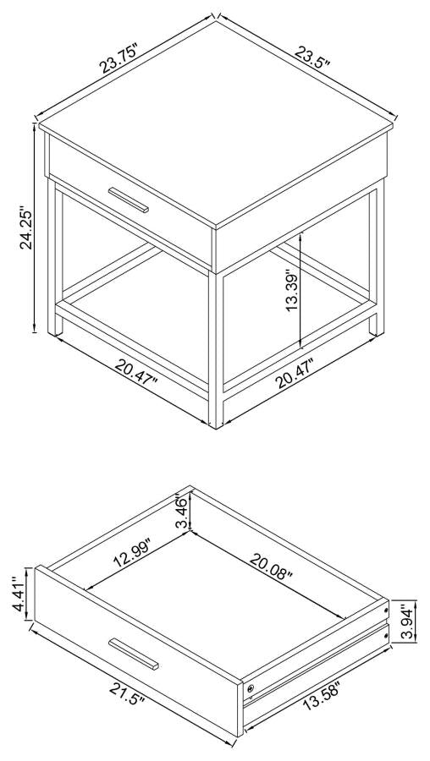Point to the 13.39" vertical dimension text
coord(293,293)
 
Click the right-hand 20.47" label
coord(306,372)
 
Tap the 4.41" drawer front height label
coord(19,595)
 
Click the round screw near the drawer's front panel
coord(250,689)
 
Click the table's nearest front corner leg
coord(216,347)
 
